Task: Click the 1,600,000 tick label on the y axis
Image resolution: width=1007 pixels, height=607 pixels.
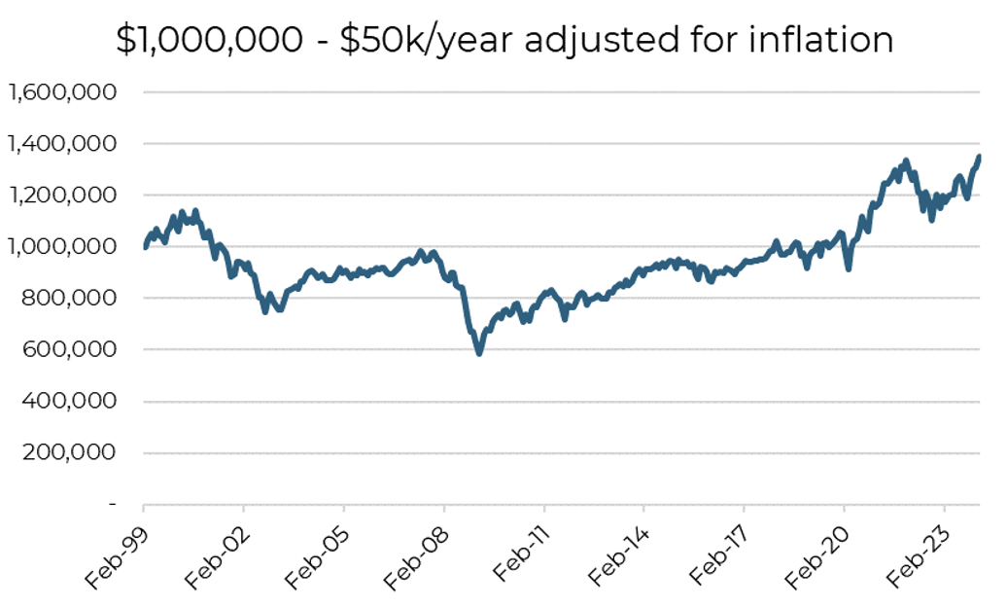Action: tap(62, 92)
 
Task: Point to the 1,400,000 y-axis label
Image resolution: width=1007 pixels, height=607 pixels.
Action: tap(62, 144)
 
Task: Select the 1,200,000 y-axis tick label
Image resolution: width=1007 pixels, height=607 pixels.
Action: tap(62, 196)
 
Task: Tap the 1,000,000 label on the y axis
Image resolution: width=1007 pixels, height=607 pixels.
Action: tap(62, 247)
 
